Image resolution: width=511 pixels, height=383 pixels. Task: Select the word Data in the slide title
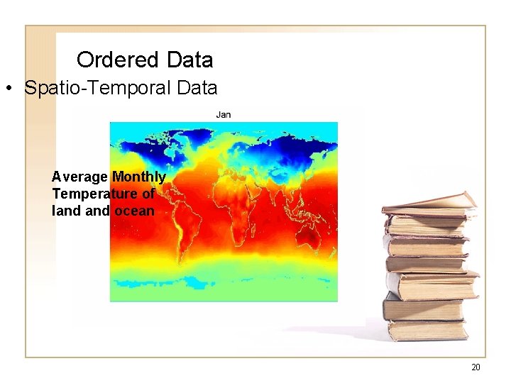coord(188,59)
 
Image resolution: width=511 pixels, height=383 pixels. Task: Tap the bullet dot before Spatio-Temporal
coord(9,89)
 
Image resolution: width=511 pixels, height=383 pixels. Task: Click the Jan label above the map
coord(224,114)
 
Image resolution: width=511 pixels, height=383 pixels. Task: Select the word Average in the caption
coord(79,177)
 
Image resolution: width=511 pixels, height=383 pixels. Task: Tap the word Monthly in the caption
coord(138,177)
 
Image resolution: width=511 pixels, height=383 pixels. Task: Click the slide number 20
coord(476,367)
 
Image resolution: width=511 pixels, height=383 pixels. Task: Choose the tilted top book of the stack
coord(430,202)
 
